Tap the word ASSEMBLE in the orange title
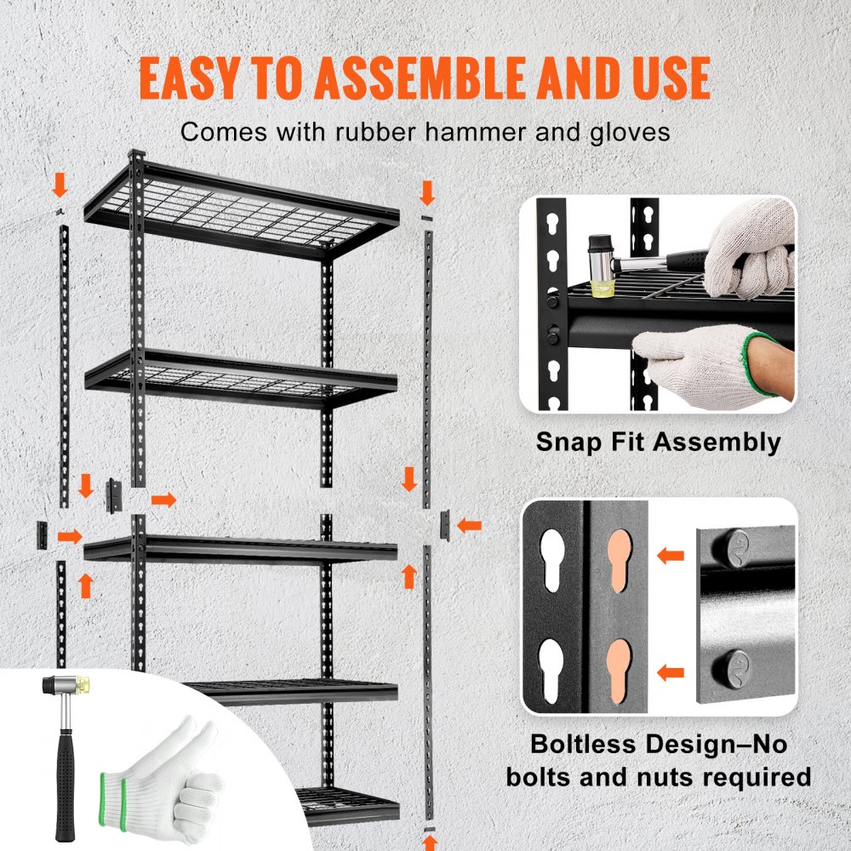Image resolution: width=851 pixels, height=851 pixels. click(426, 79)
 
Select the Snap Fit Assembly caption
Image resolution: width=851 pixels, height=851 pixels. click(658, 442)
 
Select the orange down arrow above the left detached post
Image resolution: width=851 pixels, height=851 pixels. click(60, 183)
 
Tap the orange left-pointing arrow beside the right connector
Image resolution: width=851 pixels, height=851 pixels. click(468, 525)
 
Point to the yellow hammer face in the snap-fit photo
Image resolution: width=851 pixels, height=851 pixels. click(605, 287)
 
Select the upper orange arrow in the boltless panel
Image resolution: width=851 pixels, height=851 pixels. click(671, 556)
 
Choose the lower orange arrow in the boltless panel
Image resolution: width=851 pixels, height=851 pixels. click(671, 672)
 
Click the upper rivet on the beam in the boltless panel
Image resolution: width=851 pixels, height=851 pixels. click(738, 545)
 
